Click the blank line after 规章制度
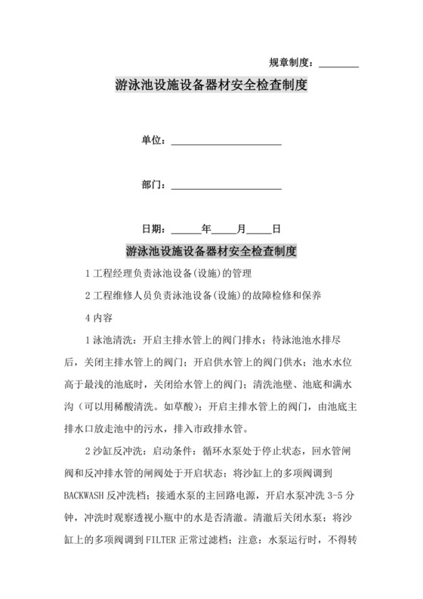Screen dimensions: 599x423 [x=339, y=64]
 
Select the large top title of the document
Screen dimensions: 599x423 [x=211, y=85]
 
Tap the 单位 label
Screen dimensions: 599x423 [x=153, y=141]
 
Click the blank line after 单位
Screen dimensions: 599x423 [x=227, y=142]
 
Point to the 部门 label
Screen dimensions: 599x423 [x=153, y=184]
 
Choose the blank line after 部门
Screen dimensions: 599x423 [x=227, y=185]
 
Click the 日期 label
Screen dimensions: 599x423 [x=153, y=228]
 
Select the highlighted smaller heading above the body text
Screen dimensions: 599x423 [x=211, y=250]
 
